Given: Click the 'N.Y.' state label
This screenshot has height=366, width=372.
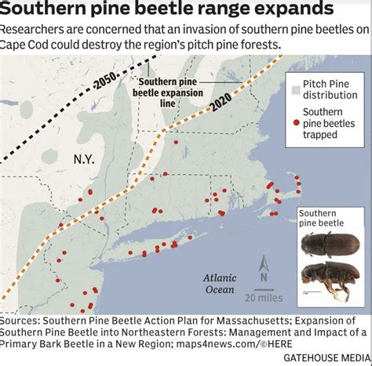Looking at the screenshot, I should pos(84,158).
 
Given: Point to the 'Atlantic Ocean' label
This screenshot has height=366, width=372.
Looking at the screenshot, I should pos(220,283).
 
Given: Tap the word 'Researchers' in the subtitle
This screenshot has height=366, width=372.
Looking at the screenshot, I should pos(35,30).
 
